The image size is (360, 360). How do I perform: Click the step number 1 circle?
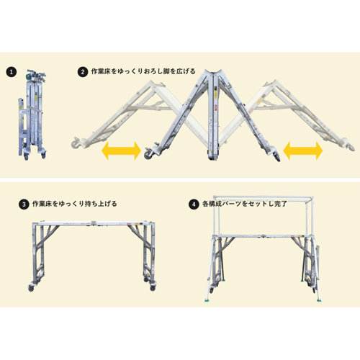[12, 72]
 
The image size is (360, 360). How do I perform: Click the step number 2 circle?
[83, 72]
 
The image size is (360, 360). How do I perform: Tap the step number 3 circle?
[26, 204]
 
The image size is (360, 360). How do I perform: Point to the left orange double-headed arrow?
[121, 150]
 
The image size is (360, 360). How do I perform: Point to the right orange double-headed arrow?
[302, 150]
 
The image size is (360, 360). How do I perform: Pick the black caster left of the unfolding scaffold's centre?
[150, 153]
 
